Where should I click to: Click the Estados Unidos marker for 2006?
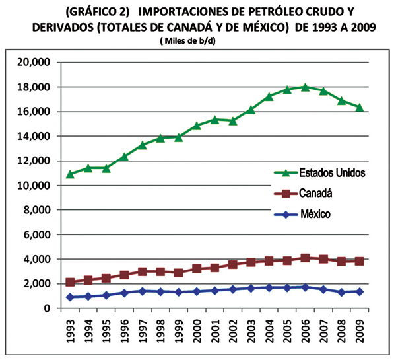click(305, 87)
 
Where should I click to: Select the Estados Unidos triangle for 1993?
click(70, 174)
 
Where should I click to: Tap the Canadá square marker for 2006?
click(305, 258)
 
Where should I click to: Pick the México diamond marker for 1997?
click(142, 291)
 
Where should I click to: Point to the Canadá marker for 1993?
click(70, 282)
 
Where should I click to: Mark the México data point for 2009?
click(360, 291)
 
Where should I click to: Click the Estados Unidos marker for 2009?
click(360, 107)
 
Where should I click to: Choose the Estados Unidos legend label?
click(332, 172)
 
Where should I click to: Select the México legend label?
click(315, 214)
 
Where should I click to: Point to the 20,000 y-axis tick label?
click(36, 62)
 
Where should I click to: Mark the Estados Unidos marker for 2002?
click(232, 120)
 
